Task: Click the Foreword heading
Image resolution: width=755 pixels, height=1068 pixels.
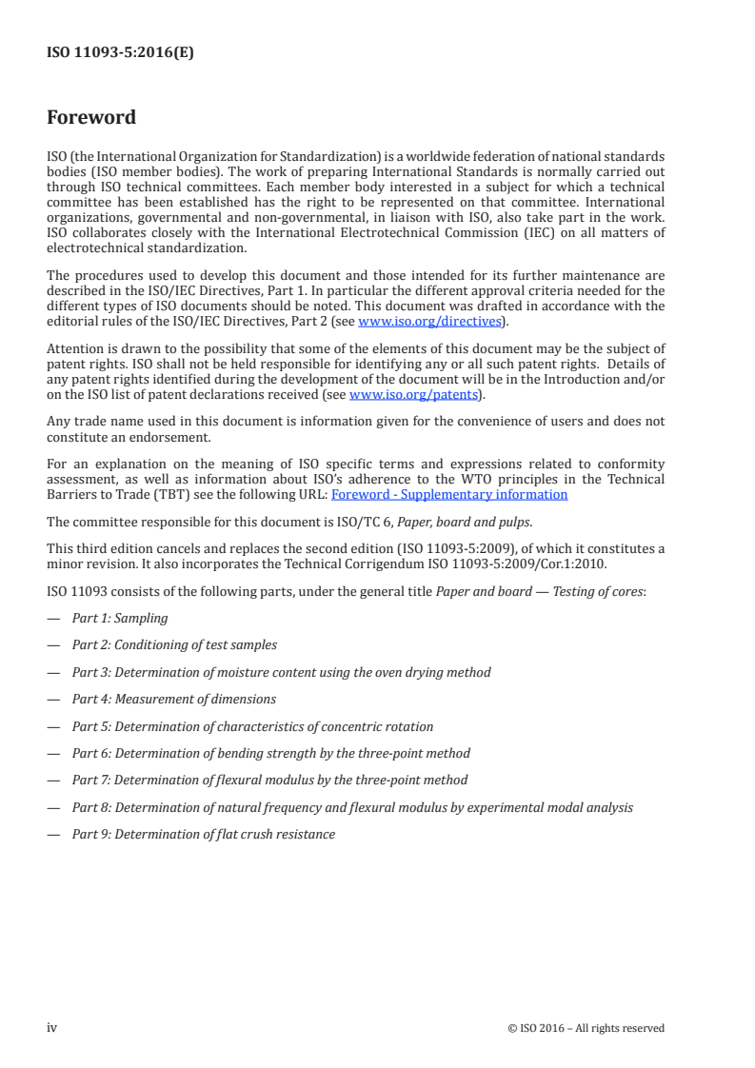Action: [91, 117]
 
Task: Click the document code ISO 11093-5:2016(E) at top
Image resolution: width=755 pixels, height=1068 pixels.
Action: [120, 53]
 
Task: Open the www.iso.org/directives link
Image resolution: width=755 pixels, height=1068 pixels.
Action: [429, 321]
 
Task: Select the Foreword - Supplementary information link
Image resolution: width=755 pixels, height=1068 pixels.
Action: [449, 494]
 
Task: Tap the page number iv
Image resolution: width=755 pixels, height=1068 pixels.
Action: [52, 1027]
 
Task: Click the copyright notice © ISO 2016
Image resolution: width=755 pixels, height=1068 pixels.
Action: [586, 1028]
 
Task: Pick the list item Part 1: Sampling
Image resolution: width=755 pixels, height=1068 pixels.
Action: [120, 618]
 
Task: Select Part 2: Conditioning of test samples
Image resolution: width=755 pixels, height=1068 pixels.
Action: [174, 644]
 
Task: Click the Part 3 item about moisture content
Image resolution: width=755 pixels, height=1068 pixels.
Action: [281, 672]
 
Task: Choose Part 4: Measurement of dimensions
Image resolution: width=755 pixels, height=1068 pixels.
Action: [174, 699]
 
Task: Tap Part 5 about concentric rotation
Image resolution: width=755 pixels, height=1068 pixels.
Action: [252, 726]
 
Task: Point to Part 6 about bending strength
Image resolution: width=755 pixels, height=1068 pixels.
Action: [271, 753]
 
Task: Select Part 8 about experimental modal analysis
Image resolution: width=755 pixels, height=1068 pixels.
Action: [352, 807]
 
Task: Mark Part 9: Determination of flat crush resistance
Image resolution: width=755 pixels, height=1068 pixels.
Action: [204, 834]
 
